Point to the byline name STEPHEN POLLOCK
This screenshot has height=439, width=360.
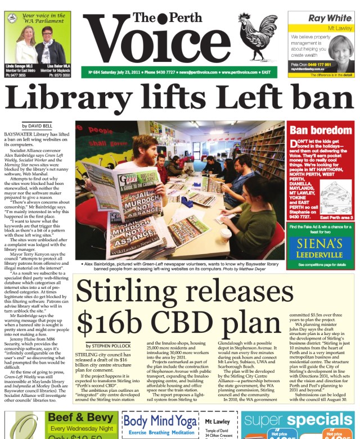pos(109,346)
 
